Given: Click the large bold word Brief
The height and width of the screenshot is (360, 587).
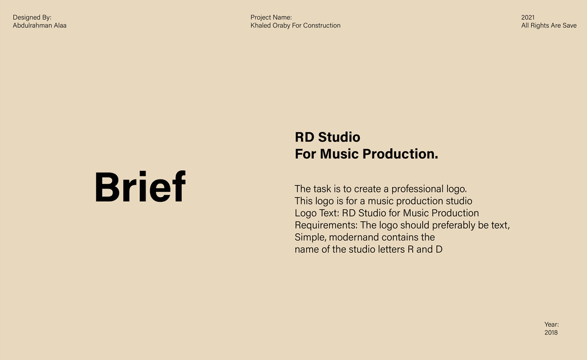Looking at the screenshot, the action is (140, 187).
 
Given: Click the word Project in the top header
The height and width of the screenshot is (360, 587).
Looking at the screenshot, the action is (260, 18).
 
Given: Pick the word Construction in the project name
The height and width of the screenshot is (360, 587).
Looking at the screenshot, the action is (322, 25).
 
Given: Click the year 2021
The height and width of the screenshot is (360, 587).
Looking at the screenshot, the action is (528, 18).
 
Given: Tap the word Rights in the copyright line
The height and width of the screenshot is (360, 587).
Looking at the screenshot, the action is (539, 26).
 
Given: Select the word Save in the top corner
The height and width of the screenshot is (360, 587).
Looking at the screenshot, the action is (569, 25).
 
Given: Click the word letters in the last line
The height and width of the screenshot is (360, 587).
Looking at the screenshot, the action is (391, 249).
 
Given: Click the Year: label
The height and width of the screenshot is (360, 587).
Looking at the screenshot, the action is (551, 324).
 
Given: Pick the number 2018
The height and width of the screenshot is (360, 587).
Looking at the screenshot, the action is (551, 332).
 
